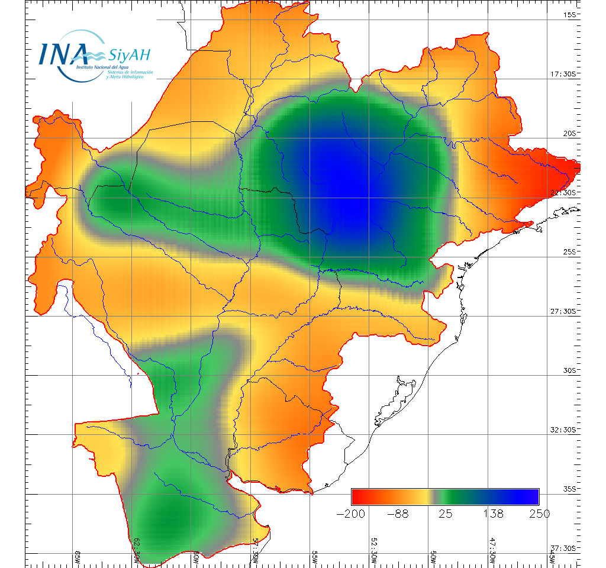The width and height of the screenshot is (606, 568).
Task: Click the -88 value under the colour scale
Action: [x=398, y=514]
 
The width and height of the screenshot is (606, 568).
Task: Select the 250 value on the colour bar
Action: [x=539, y=514]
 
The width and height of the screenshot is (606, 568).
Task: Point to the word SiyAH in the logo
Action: [x=128, y=55]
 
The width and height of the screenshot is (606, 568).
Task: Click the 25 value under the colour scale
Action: [x=445, y=514]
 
